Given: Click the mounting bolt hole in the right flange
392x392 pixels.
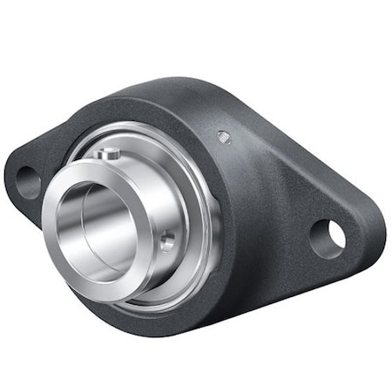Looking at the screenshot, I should coord(328,234).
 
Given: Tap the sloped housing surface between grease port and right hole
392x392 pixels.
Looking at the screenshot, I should coord(279,174).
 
